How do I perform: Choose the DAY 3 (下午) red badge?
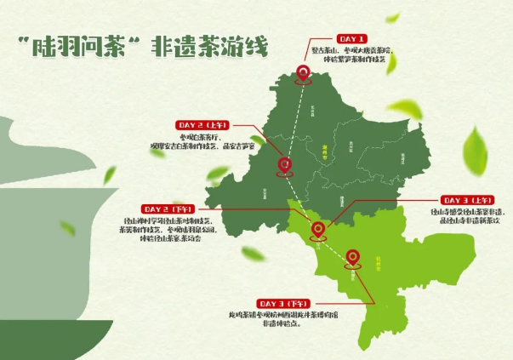285,304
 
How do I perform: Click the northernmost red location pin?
302,75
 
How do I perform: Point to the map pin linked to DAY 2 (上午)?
287,164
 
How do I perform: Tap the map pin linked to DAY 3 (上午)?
318,229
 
